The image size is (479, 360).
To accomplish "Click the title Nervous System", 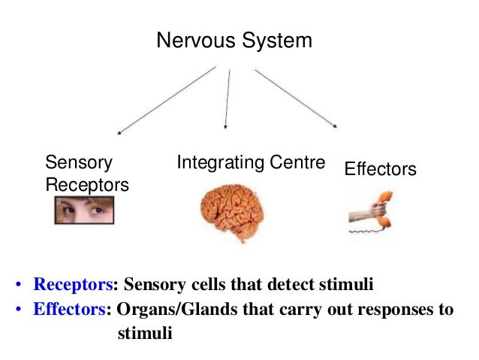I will (233, 41).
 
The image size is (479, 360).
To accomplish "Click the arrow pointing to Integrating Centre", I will (227, 98).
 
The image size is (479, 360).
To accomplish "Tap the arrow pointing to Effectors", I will (296, 98).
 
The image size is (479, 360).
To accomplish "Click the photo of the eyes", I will (83, 210).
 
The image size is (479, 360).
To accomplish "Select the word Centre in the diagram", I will (299, 162).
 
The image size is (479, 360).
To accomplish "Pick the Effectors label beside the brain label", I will (380, 170).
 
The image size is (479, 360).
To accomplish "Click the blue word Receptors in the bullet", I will (72, 286).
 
